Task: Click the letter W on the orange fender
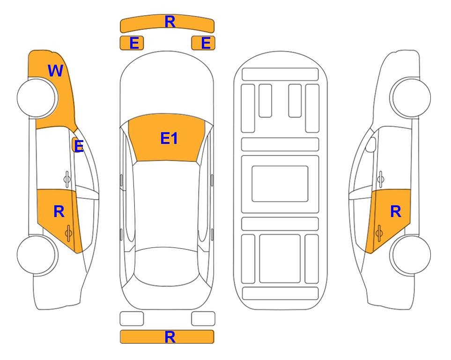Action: [55, 71]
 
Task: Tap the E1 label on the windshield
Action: [169, 138]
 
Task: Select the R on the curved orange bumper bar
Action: [170, 22]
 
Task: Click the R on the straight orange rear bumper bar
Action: [170, 337]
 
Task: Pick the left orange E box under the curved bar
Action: [132, 43]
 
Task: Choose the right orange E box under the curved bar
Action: [203, 43]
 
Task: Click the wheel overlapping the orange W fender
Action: [37, 98]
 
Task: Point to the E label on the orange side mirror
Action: [79, 146]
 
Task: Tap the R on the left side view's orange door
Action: [59, 212]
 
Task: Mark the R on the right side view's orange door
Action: [395, 212]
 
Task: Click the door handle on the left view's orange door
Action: [68, 233]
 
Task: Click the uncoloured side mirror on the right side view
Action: [371, 144]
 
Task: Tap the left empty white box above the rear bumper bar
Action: [132, 319]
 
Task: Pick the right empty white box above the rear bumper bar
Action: [203, 319]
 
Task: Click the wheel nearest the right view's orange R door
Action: [410, 255]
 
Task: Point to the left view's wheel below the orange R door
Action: [37, 255]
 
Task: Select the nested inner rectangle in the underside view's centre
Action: [280, 184]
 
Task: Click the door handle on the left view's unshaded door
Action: [67, 179]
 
